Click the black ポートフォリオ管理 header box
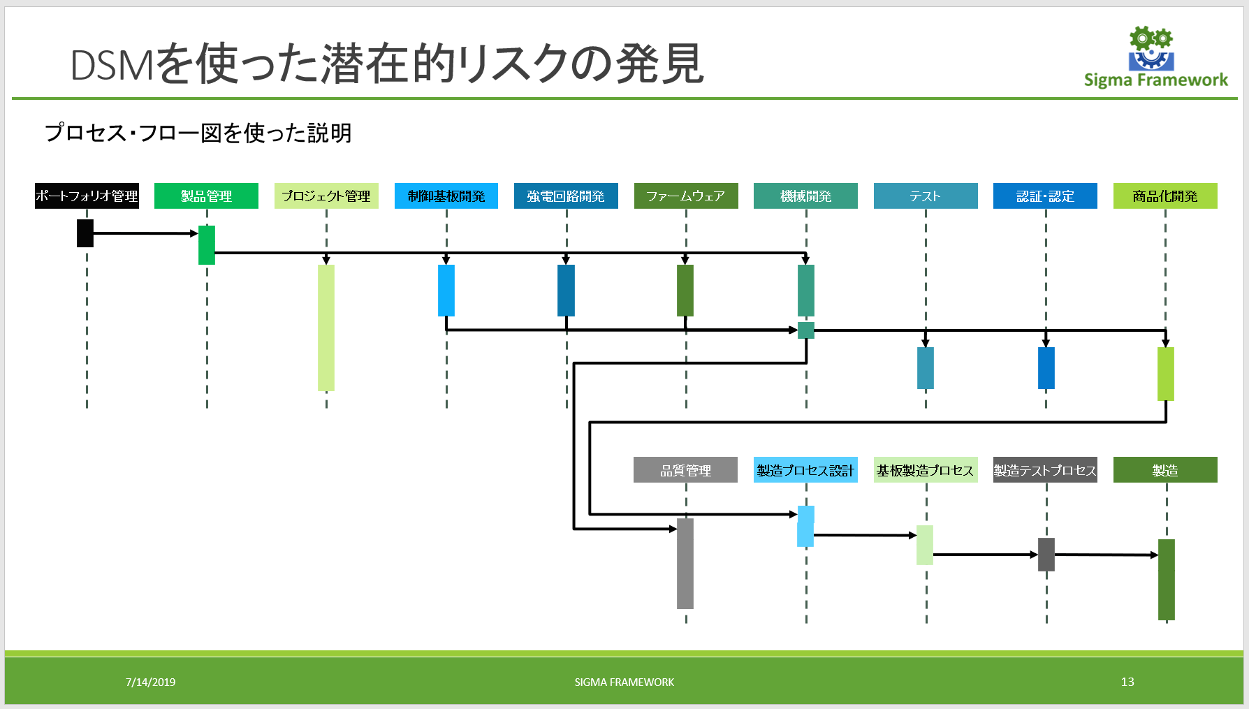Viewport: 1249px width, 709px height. coord(87,196)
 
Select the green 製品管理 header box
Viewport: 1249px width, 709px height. coord(206,196)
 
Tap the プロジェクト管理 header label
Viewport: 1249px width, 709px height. coord(326,196)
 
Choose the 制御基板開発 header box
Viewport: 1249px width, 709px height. coord(446,196)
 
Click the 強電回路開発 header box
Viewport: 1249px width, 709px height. coord(566,196)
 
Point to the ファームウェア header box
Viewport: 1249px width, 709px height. coord(686,196)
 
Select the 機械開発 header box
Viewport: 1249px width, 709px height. coord(805,196)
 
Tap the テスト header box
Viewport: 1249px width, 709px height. coord(926,196)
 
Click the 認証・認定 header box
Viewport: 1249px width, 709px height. coord(1045,196)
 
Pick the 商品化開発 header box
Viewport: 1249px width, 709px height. coord(1165,196)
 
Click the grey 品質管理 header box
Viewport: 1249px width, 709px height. coord(685,470)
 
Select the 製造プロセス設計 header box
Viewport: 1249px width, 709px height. coord(805,470)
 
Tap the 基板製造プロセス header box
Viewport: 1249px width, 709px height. coord(926,470)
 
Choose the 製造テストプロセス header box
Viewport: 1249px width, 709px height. coord(1045,470)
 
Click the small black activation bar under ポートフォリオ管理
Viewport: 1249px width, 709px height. coord(85,233)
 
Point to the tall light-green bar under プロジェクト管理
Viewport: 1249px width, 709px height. coord(326,328)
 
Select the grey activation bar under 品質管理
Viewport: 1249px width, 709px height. coord(685,563)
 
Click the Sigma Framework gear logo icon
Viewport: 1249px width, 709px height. coord(1151,48)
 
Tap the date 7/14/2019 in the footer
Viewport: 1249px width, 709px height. coord(150,682)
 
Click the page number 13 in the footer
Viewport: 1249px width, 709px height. coord(1127,682)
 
